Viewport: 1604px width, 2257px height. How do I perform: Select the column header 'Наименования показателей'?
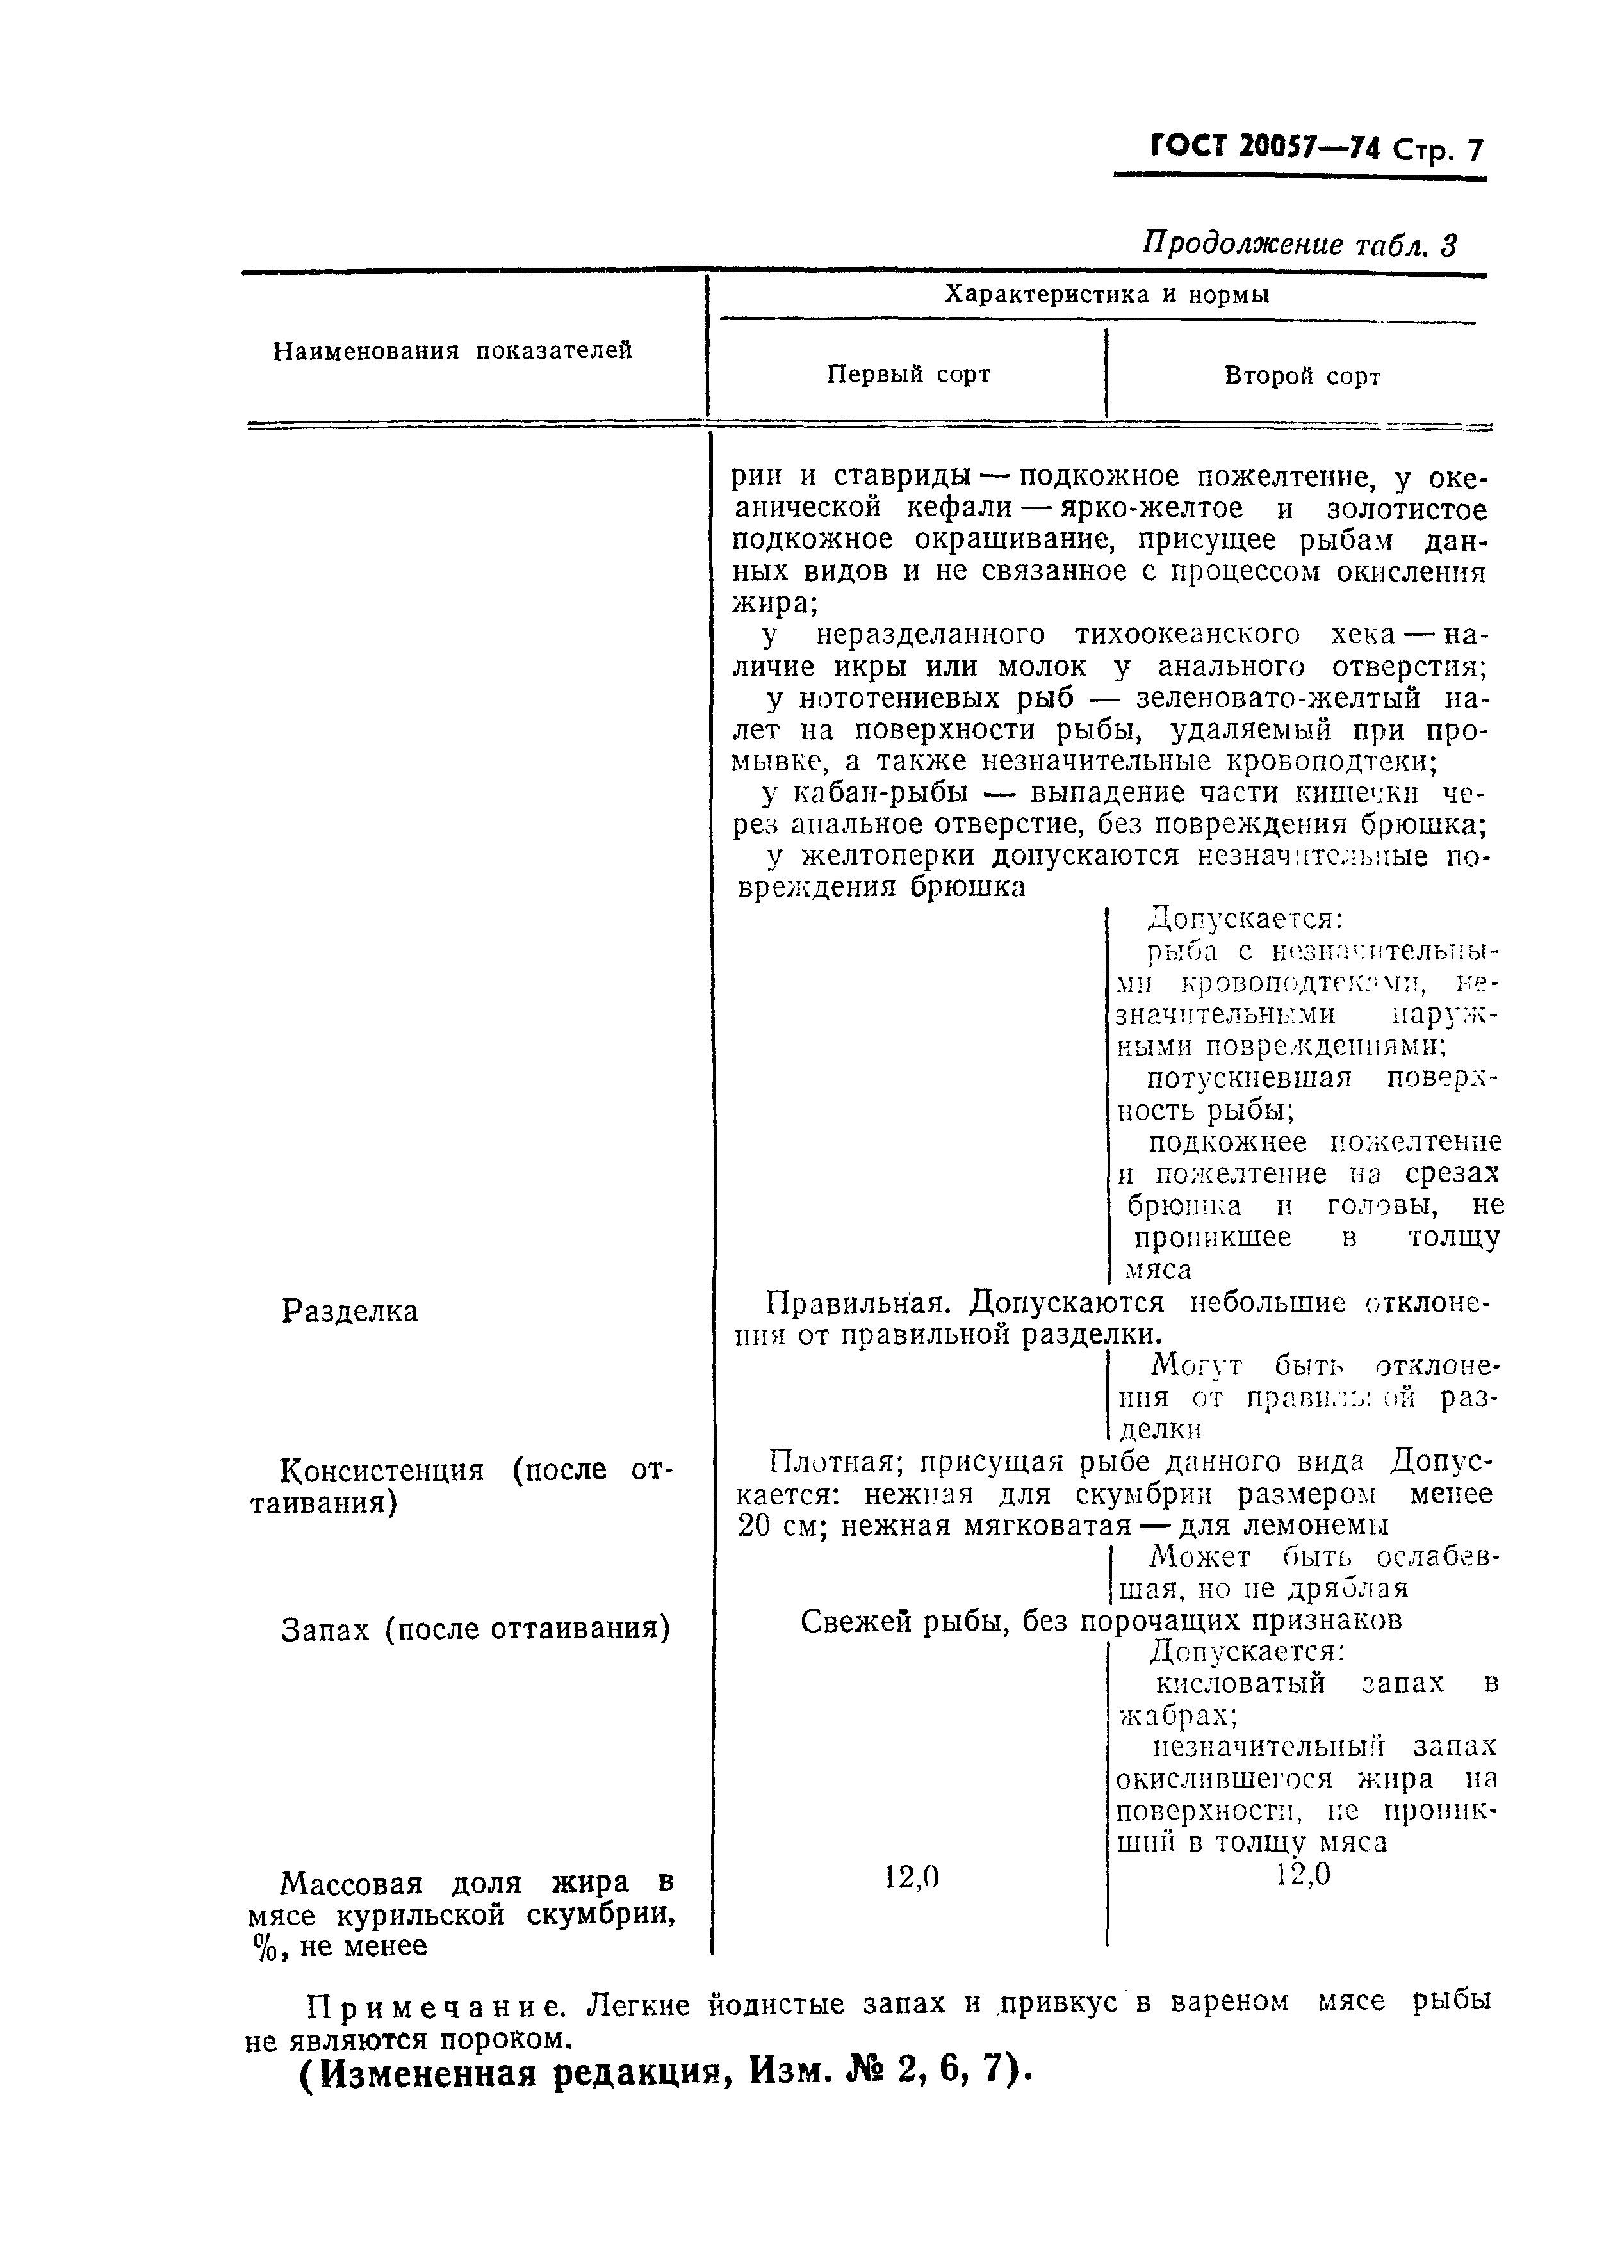click(x=452, y=350)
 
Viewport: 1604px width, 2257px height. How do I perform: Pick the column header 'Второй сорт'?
click(x=1302, y=376)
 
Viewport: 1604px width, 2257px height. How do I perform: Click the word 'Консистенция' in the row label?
click(x=382, y=1471)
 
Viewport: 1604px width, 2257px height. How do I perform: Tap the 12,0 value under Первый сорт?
click(x=911, y=1877)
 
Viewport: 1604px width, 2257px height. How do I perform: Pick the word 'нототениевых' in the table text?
click(x=899, y=699)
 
